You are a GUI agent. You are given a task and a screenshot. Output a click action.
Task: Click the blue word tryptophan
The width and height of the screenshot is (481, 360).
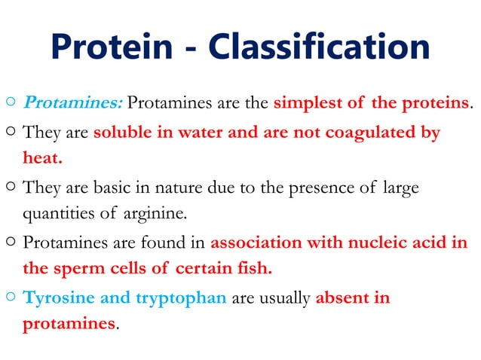pos(181,298)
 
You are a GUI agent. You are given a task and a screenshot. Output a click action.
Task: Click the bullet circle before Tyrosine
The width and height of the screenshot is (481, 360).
pos(8,298)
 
